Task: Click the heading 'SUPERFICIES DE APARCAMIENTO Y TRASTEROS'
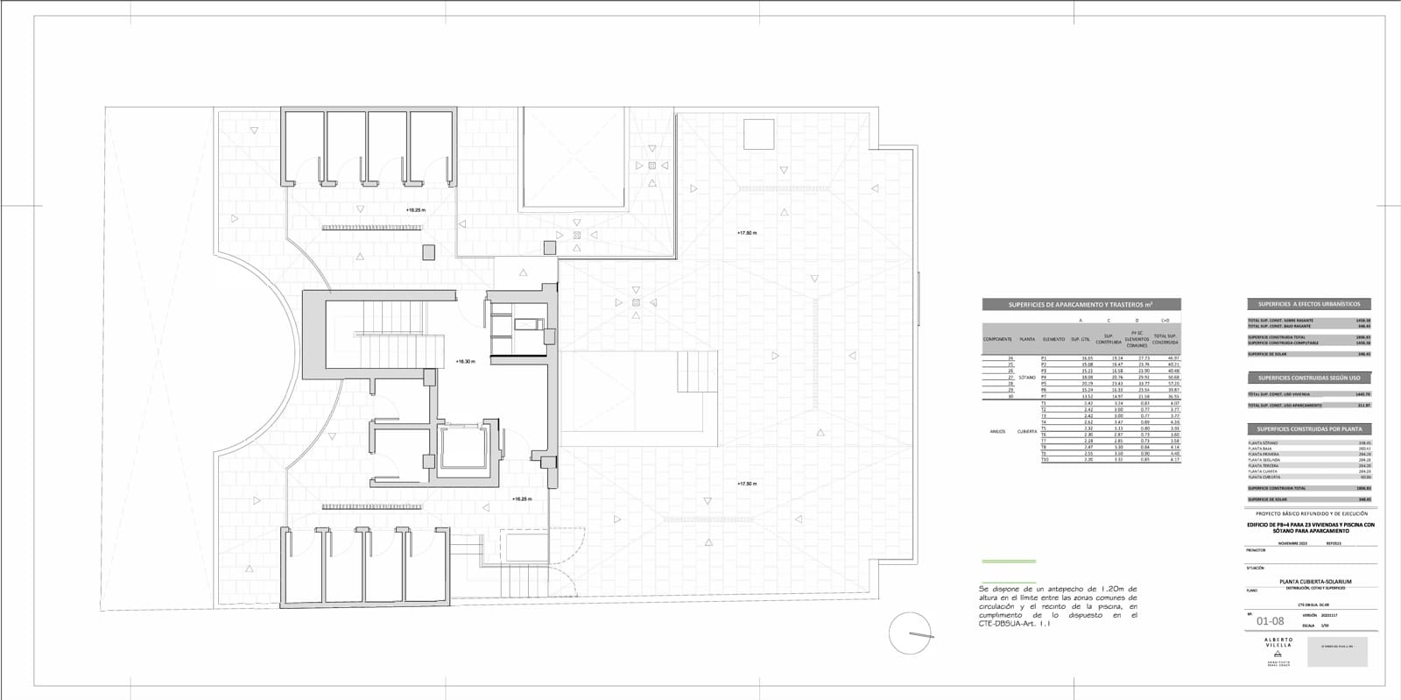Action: click(x=1081, y=305)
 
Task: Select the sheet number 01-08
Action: click(x=1270, y=622)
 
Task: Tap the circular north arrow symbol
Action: click(x=910, y=633)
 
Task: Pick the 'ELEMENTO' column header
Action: click(x=1053, y=339)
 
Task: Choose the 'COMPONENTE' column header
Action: click(x=997, y=339)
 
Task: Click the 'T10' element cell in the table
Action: click(x=1044, y=460)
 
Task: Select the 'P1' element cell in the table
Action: click(x=1044, y=358)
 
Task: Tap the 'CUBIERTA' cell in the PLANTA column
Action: click(x=1027, y=431)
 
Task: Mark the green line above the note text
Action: click(x=1008, y=561)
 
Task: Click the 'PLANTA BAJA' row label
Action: click(x=1262, y=449)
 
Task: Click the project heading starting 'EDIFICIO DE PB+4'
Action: click(x=1311, y=527)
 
